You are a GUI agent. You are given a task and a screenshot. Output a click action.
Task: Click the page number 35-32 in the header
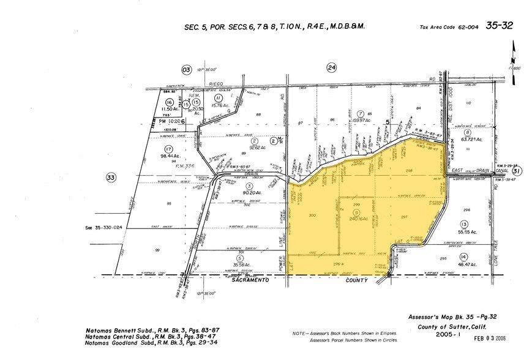click(499, 26)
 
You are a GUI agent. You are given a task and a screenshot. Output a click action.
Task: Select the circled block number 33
click(111, 178)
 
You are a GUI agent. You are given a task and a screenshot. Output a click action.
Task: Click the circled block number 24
click(331, 68)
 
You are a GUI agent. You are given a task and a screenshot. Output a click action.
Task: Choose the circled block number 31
click(516, 172)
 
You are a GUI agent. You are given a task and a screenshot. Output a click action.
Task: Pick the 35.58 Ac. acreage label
click(238, 264)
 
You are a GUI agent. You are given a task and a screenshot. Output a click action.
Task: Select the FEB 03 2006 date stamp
click(491, 337)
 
